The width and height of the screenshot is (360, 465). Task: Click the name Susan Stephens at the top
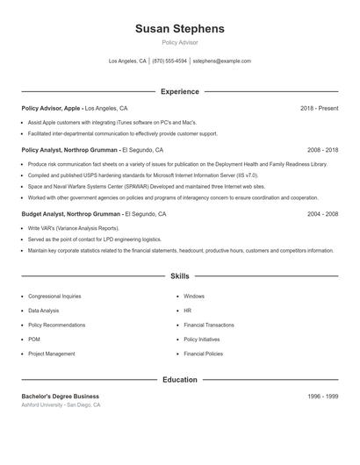point(180,29)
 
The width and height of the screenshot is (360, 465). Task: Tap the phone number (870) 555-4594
point(169,61)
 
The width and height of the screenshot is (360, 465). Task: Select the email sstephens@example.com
point(221,61)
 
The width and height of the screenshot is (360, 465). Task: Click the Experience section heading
point(180,91)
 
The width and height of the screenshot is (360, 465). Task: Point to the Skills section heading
point(180,276)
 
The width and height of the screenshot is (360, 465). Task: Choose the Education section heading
point(180,380)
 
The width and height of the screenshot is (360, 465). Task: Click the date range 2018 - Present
point(319,108)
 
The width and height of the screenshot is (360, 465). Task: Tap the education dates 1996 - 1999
point(322,397)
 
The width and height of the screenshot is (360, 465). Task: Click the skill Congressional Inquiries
point(54,297)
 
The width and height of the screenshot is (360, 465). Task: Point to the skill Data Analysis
point(44,311)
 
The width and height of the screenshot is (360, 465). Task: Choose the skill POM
point(34,340)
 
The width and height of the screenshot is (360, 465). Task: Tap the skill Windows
point(194,297)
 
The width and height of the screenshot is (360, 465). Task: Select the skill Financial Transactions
point(209,325)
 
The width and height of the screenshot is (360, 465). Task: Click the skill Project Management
point(52,354)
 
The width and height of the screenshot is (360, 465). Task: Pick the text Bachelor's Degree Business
point(61,397)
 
